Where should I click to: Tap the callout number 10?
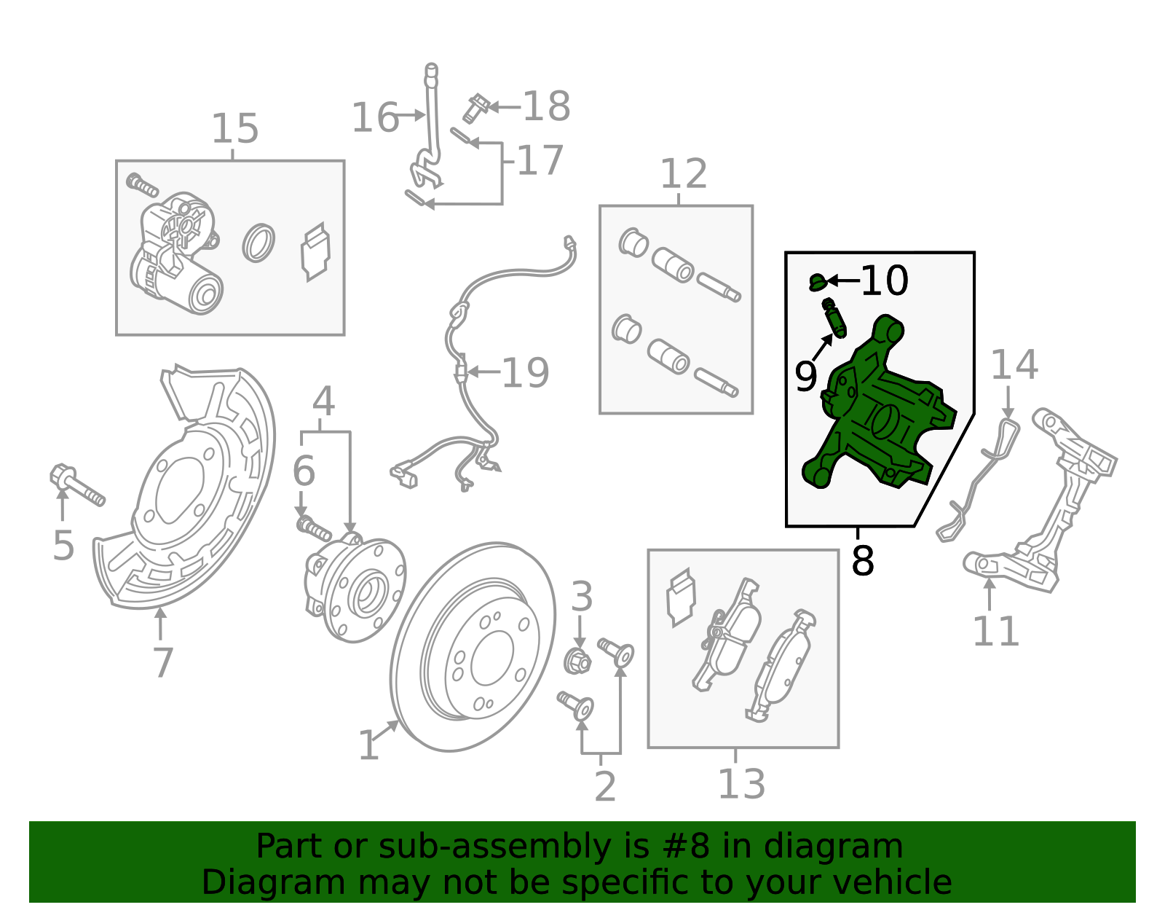(x=884, y=281)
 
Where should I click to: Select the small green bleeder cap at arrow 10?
(x=818, y=281)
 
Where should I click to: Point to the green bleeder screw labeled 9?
(x=834, y=319)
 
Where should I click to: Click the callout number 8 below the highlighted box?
(x=862, y=562)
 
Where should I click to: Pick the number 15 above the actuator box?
(x=234, y=129)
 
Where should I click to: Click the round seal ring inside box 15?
(x=258, y=243)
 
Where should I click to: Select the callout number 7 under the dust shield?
(x=163, y=662)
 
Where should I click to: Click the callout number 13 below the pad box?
(x=741, y=785)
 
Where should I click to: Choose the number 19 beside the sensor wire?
(x=525, y=373)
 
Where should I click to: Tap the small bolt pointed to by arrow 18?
(x=475, y=108)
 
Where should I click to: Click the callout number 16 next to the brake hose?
(x=374, y=117)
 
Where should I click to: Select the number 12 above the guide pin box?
(x=683, y=174)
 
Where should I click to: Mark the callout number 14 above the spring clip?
(x=1014, y=364)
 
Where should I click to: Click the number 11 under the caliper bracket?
(x=995, y=631)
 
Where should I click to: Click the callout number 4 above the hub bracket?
(x=323, y=401)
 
